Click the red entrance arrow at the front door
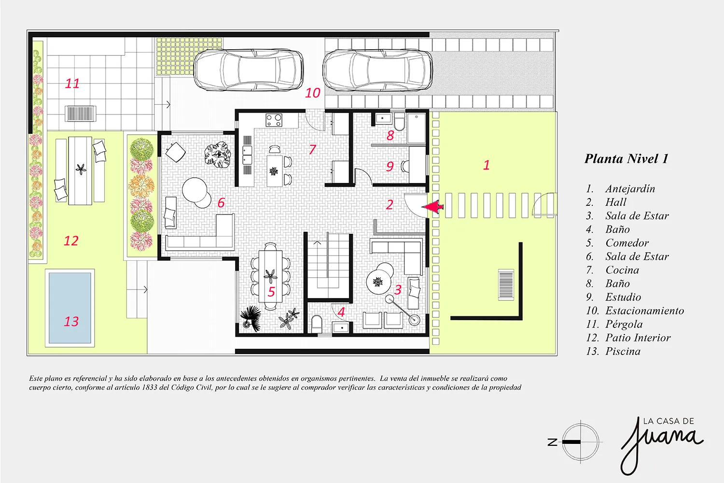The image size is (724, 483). coord(432,207)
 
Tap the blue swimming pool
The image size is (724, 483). coord(70,308)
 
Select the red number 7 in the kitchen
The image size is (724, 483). coord(312,149)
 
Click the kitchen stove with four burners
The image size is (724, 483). coord(274,120)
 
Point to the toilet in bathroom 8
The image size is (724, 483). coord(400,121)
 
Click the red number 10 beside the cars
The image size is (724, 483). coord(313,93)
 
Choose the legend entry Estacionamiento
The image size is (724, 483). coord(644,311)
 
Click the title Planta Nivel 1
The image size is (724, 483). coord(627,158)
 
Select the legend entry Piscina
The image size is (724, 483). coord(623,351)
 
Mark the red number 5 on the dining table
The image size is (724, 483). coord(271,292)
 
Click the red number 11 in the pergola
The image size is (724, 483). coord(72,84)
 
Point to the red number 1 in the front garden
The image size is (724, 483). coord(486,165)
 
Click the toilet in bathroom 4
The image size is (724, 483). coord(317,324)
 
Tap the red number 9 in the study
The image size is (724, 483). coord(390,167)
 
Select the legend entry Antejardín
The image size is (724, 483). coord(630,188)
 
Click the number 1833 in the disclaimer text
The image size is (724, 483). coord(151,387)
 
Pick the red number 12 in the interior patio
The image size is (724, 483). coord(71,241)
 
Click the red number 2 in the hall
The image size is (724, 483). coord(390,205)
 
